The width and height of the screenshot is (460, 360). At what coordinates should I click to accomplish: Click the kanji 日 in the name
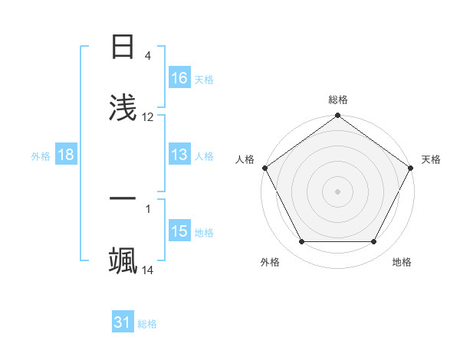(123, 47)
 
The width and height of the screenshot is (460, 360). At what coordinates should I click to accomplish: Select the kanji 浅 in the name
(123, 108)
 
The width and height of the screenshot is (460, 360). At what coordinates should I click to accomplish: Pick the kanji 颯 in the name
(123, 260)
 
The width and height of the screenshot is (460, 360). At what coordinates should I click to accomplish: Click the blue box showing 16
(179, 78)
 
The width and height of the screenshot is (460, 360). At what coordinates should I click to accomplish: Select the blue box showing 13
(179, 155)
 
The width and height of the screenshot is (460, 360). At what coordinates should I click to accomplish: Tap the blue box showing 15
(179, 231)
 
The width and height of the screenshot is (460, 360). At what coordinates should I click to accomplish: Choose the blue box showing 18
(66, 155)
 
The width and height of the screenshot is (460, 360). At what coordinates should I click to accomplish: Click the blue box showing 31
(123, 322)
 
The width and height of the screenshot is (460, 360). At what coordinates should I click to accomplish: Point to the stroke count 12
(148, 117)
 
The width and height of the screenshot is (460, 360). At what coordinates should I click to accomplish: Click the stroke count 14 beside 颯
(148, 270)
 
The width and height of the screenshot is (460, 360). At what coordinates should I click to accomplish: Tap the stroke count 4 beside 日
(148, 56)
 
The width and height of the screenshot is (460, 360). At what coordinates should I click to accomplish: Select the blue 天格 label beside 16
(204, 79)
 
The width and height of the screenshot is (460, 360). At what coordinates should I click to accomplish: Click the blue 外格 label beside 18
(41, 155)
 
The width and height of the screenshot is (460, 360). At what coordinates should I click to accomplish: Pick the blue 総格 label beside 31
(147, 324)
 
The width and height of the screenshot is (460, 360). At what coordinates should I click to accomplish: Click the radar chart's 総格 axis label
(338, 100)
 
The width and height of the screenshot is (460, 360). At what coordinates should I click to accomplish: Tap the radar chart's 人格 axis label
(245, 159)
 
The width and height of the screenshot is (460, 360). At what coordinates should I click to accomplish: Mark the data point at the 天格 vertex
(411, 168)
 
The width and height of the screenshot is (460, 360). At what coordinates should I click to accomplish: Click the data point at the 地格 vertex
(374, 242)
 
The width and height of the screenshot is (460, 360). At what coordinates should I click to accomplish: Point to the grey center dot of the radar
(338, 191)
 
